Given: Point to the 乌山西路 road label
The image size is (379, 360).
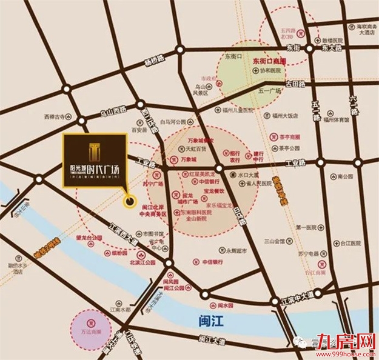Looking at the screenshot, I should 111,112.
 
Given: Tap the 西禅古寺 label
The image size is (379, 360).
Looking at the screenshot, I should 54,116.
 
